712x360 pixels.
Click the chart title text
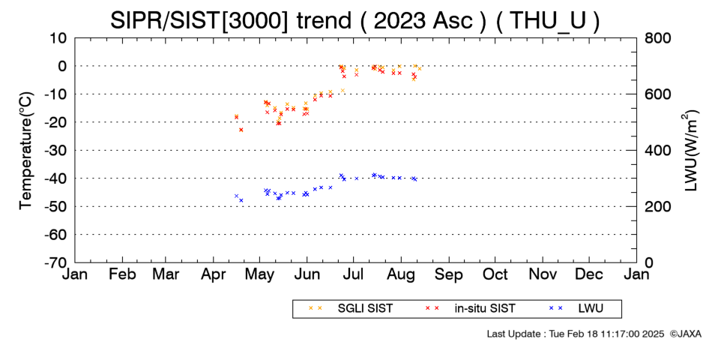355,20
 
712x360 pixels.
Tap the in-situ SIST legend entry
470,309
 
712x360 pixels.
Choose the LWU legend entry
576,309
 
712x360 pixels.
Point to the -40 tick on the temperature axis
55,178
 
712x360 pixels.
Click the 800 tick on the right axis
657,38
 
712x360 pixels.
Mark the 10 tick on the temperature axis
58,38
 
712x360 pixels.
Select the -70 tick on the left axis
55,262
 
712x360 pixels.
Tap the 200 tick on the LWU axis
657,207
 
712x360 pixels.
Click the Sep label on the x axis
449,274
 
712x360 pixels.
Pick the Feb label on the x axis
122,274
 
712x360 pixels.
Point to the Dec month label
589,274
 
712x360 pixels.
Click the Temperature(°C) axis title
26,151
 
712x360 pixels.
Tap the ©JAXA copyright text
685,334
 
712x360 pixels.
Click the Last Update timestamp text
576,334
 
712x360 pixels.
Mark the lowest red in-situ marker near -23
241,130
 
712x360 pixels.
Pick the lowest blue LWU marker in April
241,200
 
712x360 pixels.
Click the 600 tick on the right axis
657,94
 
